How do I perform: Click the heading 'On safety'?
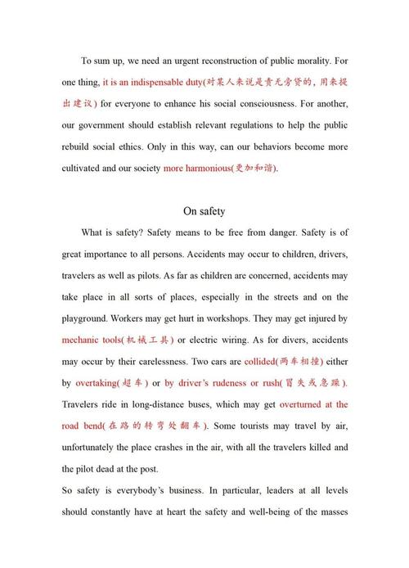tap(204, 210)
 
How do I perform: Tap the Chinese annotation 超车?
tap(143, 382)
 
